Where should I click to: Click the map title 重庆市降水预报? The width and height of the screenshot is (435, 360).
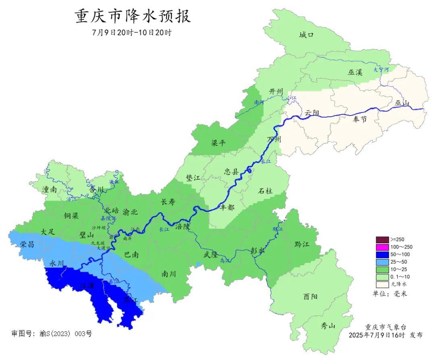133,17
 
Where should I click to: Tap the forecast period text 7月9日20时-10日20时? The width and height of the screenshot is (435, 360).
132,33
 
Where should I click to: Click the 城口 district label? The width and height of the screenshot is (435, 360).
306,35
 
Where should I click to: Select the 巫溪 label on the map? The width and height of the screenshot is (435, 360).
355,72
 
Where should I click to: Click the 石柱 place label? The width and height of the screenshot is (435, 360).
265,191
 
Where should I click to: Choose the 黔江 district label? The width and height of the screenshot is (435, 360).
302,244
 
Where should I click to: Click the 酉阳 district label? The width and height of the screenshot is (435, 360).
310,297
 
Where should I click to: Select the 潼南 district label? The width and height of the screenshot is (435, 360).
48,189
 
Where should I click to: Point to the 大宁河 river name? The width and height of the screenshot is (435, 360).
381,70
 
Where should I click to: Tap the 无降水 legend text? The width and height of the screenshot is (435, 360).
398,284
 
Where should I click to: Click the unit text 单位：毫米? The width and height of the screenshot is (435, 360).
390,294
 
